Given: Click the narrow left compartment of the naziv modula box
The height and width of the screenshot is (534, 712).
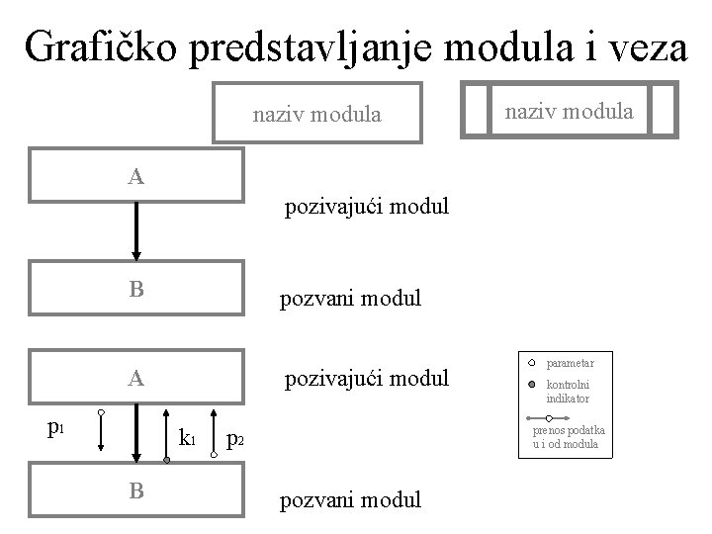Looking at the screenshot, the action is pyautogui.click(x=477, y=109).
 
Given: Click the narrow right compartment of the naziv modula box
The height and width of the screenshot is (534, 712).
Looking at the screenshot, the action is pyautogui.click(x=665, y=109).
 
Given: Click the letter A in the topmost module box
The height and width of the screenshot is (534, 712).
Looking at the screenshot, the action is pyautogui.click(x=136, y=177).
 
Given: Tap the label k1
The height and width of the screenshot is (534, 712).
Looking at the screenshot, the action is pyautogui.click(x=186, y=436).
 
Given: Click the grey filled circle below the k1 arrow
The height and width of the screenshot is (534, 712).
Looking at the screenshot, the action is pyautogui.click(x=167, y=459).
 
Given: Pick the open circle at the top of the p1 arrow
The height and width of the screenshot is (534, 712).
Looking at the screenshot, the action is pyautogui.click(x=101, y=410).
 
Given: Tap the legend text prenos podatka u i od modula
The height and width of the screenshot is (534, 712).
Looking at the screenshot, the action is pyautogui.click(x=570, y=437).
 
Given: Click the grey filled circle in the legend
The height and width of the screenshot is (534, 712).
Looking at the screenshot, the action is pyautogui.click(x=531, y=384).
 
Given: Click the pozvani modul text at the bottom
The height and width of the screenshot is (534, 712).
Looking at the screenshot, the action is pyautogui.click(x=351, y=499).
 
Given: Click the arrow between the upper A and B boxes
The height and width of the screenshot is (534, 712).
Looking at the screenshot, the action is pyautogui.click(x=136, y=230).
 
